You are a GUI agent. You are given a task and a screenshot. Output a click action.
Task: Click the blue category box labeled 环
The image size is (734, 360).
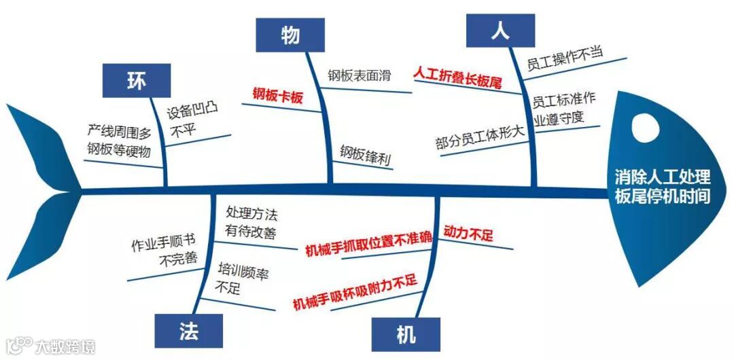tap(136, 80)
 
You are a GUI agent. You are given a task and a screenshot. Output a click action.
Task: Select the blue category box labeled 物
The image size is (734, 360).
tap(290, 35)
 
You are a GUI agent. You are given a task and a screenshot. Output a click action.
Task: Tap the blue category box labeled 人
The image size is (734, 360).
tap(500, 31)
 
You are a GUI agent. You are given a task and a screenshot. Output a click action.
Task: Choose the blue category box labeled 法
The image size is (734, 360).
tap(189, 331)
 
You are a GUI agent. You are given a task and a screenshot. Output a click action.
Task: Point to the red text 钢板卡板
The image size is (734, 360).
tap(277, 96)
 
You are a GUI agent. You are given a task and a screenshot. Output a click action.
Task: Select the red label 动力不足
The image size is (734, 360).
tap(468, 235)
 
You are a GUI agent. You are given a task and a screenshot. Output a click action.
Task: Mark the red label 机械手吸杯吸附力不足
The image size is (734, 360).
tap(354, 291)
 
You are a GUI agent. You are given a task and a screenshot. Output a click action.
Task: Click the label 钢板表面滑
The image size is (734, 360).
tap(360, 75)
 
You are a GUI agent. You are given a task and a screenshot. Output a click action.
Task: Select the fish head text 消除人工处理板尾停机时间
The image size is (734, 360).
tap(662, 187)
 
